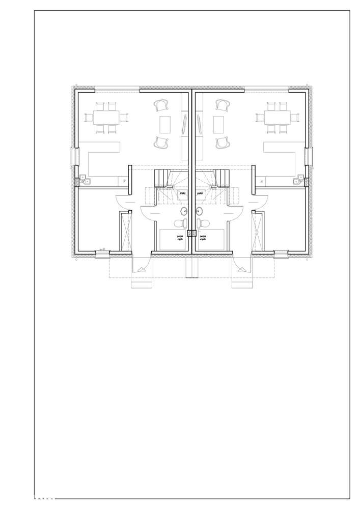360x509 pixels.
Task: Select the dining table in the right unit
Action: (277, 118)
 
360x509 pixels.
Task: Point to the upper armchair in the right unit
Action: (221, 105)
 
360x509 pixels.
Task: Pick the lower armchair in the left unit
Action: (161, 143)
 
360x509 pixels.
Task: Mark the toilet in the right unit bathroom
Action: (204, 223)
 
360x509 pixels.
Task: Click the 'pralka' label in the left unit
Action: (182, 193)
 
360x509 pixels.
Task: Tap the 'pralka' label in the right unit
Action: (201, 193)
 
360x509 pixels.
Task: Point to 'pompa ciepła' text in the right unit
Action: (203, 238)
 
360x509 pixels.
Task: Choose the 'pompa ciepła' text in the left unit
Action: (180, 238)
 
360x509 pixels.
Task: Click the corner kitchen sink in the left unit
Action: (84, 179)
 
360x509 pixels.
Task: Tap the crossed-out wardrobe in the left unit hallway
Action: (125, 232)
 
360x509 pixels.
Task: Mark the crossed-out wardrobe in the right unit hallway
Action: (259, 232)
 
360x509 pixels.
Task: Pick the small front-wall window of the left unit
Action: (102, 251)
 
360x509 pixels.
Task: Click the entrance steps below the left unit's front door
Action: (142, 282)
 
